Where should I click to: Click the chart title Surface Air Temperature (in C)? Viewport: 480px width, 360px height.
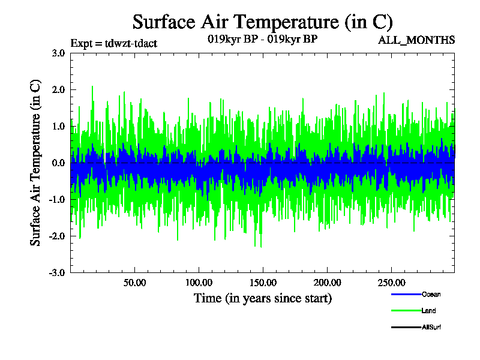(262, 22)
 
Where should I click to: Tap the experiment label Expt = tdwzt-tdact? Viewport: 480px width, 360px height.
(114, 43)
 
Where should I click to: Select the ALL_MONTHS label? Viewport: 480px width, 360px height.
(416, 40)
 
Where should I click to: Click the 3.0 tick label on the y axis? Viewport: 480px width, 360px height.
(58, 53)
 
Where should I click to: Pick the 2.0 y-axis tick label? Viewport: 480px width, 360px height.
(58, 89)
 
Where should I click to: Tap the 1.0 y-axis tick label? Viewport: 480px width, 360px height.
(58, 126)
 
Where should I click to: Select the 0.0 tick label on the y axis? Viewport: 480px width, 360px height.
(58, 163)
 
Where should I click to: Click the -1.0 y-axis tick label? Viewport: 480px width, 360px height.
(56, 199)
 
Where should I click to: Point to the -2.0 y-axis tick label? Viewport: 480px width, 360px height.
(56, 236)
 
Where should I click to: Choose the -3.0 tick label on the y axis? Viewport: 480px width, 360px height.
(56, 272)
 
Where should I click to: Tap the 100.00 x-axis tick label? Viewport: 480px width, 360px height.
(199, 283)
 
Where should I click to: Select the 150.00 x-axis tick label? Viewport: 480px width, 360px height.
(262, 283)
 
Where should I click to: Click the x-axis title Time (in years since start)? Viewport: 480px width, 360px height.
(262, 298)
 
